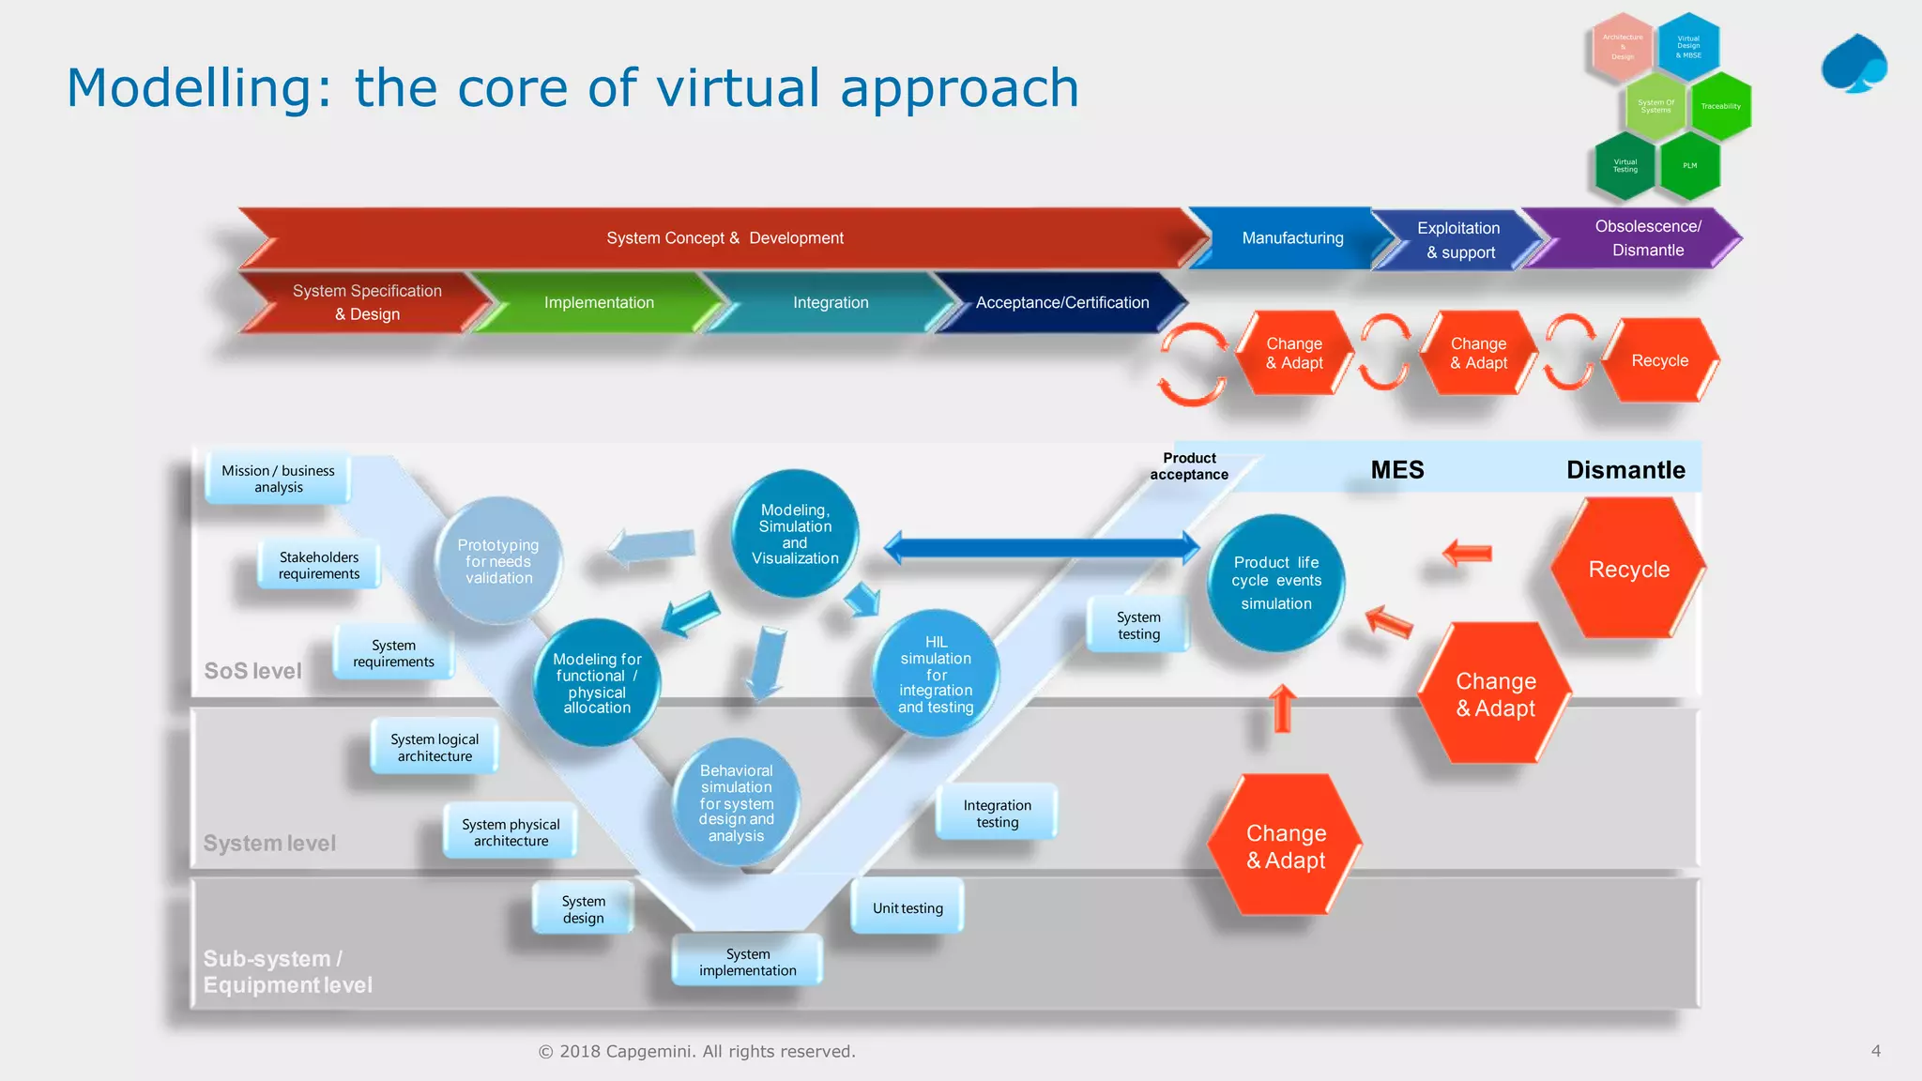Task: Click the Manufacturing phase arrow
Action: tap(1292, 238)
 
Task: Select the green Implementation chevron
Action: tap(599, 302)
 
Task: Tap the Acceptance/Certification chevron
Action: tap(1061, 302)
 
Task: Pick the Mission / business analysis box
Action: tap(278, 479)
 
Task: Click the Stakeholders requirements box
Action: tap(319, 565)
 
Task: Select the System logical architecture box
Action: tap(435, 747)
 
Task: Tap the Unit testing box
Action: tap(908, 907)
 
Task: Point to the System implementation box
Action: tap(747, 962)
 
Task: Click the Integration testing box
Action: tap(997, 813)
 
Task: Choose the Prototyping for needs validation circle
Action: tap(498, 561)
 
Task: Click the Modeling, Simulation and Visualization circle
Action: tap(795, 534)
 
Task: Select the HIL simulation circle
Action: tap(936, 674)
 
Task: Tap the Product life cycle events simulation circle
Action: tap(1276, 583)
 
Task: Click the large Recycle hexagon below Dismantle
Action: tap(1628, 569)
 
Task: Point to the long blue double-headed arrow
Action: tap(1042, 548)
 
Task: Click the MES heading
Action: tap(1397, 470)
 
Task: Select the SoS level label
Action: tap(253, 671)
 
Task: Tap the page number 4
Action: tap(1875, 1051)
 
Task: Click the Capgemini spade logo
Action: tap(1854, 64)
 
